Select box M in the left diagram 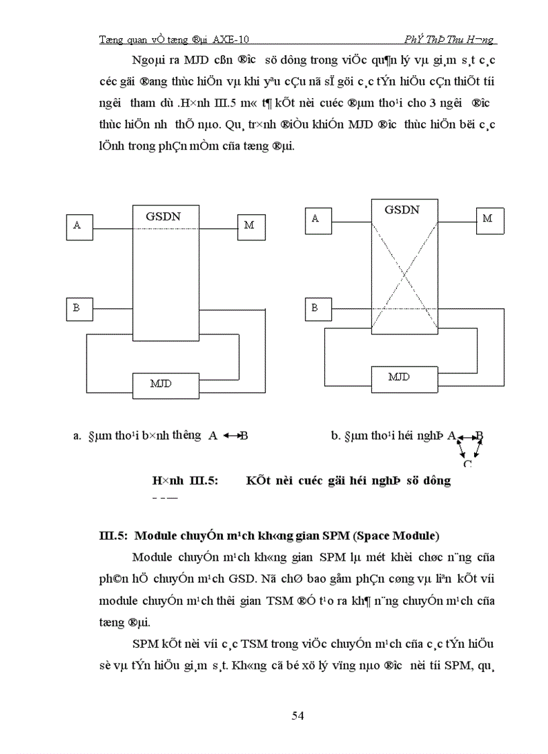tap(249, 225)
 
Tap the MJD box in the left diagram tap(161, 383)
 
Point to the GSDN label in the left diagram tap(163, 216)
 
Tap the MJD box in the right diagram tap(399, 377)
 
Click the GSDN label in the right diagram tap(402, 209)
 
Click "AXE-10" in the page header tap(234, 40)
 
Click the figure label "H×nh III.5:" tap(185, 481)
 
